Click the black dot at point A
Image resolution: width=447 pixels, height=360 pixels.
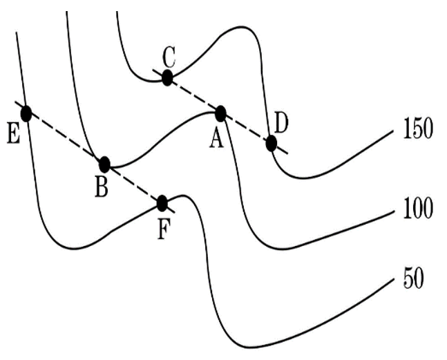(221, 113)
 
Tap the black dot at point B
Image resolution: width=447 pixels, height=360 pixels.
(104, 164)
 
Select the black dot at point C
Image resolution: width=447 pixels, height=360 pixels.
(167, 77)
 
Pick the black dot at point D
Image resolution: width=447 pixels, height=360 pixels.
(271, 143)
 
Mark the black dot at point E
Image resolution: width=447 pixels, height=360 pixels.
(26, 113)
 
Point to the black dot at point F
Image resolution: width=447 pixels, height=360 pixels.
(162, 203)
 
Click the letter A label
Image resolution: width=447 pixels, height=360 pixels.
(216, 139)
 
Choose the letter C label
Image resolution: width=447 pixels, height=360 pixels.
(169, 55)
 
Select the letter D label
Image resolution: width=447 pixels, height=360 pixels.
(281, 122)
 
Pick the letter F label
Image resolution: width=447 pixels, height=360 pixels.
(162, 229)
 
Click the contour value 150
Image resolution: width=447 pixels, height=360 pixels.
(417, 129)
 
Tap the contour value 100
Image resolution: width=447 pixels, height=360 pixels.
(417, 209)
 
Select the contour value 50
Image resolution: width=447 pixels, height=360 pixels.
(412, 281)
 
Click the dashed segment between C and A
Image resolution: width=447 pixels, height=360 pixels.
(194, 95)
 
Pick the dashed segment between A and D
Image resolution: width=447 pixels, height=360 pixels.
(246, 128)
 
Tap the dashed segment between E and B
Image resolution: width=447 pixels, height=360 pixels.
(66, 139)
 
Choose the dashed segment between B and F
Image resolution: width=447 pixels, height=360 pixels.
(133, 184)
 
